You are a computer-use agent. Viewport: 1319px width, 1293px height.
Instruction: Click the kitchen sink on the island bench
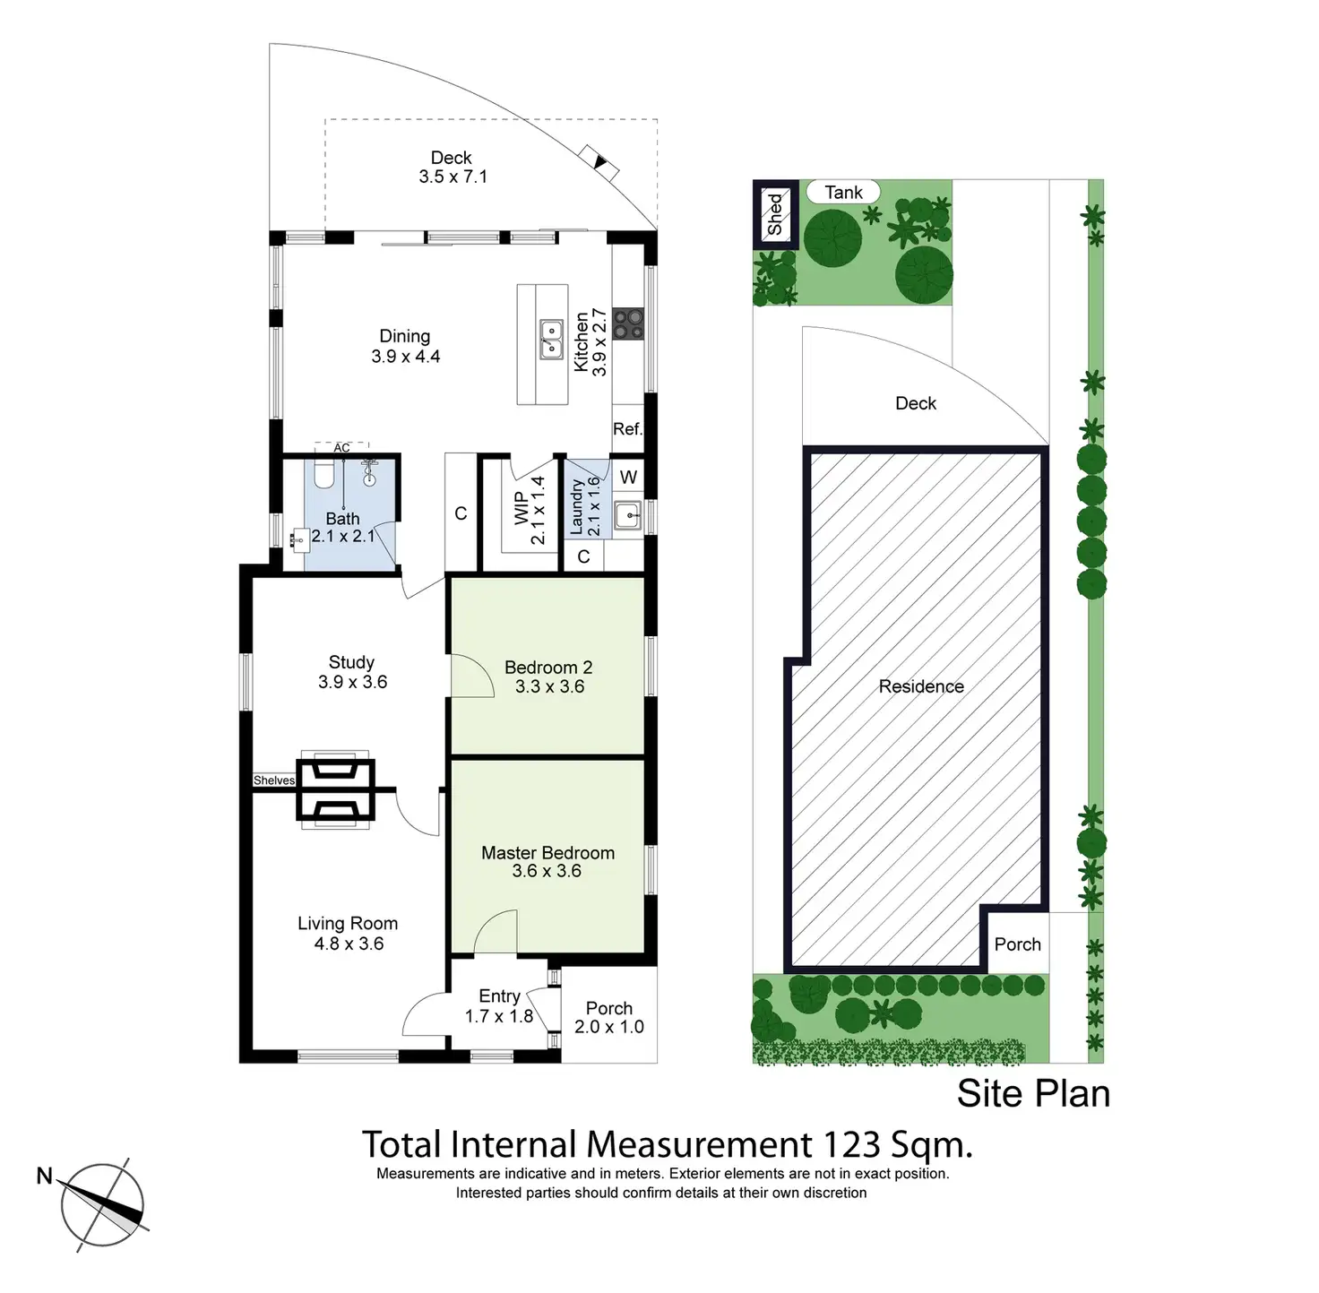click(551, 340)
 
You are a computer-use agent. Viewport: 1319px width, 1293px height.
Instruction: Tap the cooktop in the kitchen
click(628, 323)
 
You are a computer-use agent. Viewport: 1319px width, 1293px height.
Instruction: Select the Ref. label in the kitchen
click(627, 429)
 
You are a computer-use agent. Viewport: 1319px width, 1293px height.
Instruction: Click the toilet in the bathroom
click(324, 474)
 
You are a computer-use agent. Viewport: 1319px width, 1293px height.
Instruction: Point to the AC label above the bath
click(341, 448)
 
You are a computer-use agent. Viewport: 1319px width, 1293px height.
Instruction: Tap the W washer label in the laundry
click(628, 478)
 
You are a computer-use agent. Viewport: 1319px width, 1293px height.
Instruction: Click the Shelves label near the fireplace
click(273, 780)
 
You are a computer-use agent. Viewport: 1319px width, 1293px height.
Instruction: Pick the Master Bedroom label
click(547, 853)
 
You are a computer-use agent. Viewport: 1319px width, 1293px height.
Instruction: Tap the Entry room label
click(499, 996)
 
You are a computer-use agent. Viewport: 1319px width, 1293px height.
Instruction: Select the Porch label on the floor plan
click(609, 1009)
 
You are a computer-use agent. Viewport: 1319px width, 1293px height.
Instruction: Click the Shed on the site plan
click(774, 214)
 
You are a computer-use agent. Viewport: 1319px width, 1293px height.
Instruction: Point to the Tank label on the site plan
click(843, 193)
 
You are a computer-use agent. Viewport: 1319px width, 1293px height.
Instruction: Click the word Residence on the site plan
click(921, 686)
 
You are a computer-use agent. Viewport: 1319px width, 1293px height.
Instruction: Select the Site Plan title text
click(1033, 1094)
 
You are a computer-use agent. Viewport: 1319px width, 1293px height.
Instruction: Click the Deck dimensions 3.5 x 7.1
click(453, 177)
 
